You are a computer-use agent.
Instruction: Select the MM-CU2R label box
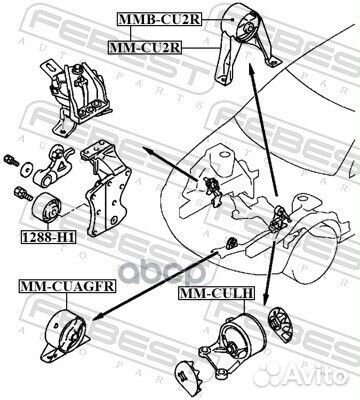(x=145, y=46)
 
